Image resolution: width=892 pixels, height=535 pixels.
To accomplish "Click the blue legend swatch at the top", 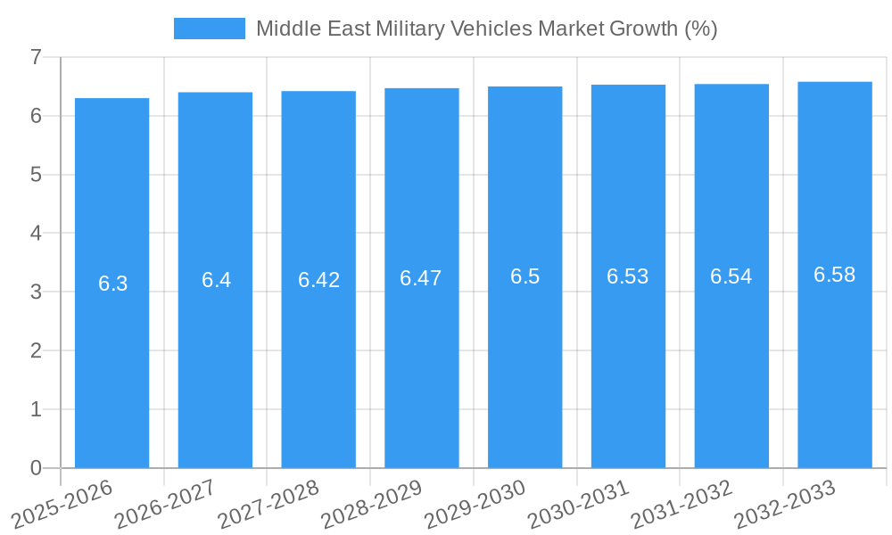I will [x=209, y=29].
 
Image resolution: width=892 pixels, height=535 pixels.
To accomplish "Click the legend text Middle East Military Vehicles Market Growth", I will [x=486, y=29].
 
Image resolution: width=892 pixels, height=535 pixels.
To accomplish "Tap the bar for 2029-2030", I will [x=524, y=357].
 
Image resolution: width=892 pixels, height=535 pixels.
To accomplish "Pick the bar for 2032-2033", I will [x=834, y=357].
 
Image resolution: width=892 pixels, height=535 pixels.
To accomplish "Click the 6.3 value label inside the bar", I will [x=112, y=284].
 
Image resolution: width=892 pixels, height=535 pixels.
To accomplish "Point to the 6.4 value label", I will [x=216, y=280].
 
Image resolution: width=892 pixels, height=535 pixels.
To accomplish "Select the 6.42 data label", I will [x=318, y=280].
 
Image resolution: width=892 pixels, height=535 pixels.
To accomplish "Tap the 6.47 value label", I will [x=421, y=278].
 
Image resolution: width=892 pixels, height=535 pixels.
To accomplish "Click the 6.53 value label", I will [x=628, y=276].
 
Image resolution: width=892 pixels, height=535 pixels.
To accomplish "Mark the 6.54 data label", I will [x=731, y=276].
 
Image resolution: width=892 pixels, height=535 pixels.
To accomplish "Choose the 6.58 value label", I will [x=834, y=275].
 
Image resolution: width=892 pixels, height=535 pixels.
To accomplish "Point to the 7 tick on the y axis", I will [x=36, y=58].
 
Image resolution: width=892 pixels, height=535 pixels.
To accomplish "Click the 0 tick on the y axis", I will [x=36, y=468].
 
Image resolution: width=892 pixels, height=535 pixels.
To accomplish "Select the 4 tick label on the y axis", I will [x=36, y=234].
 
